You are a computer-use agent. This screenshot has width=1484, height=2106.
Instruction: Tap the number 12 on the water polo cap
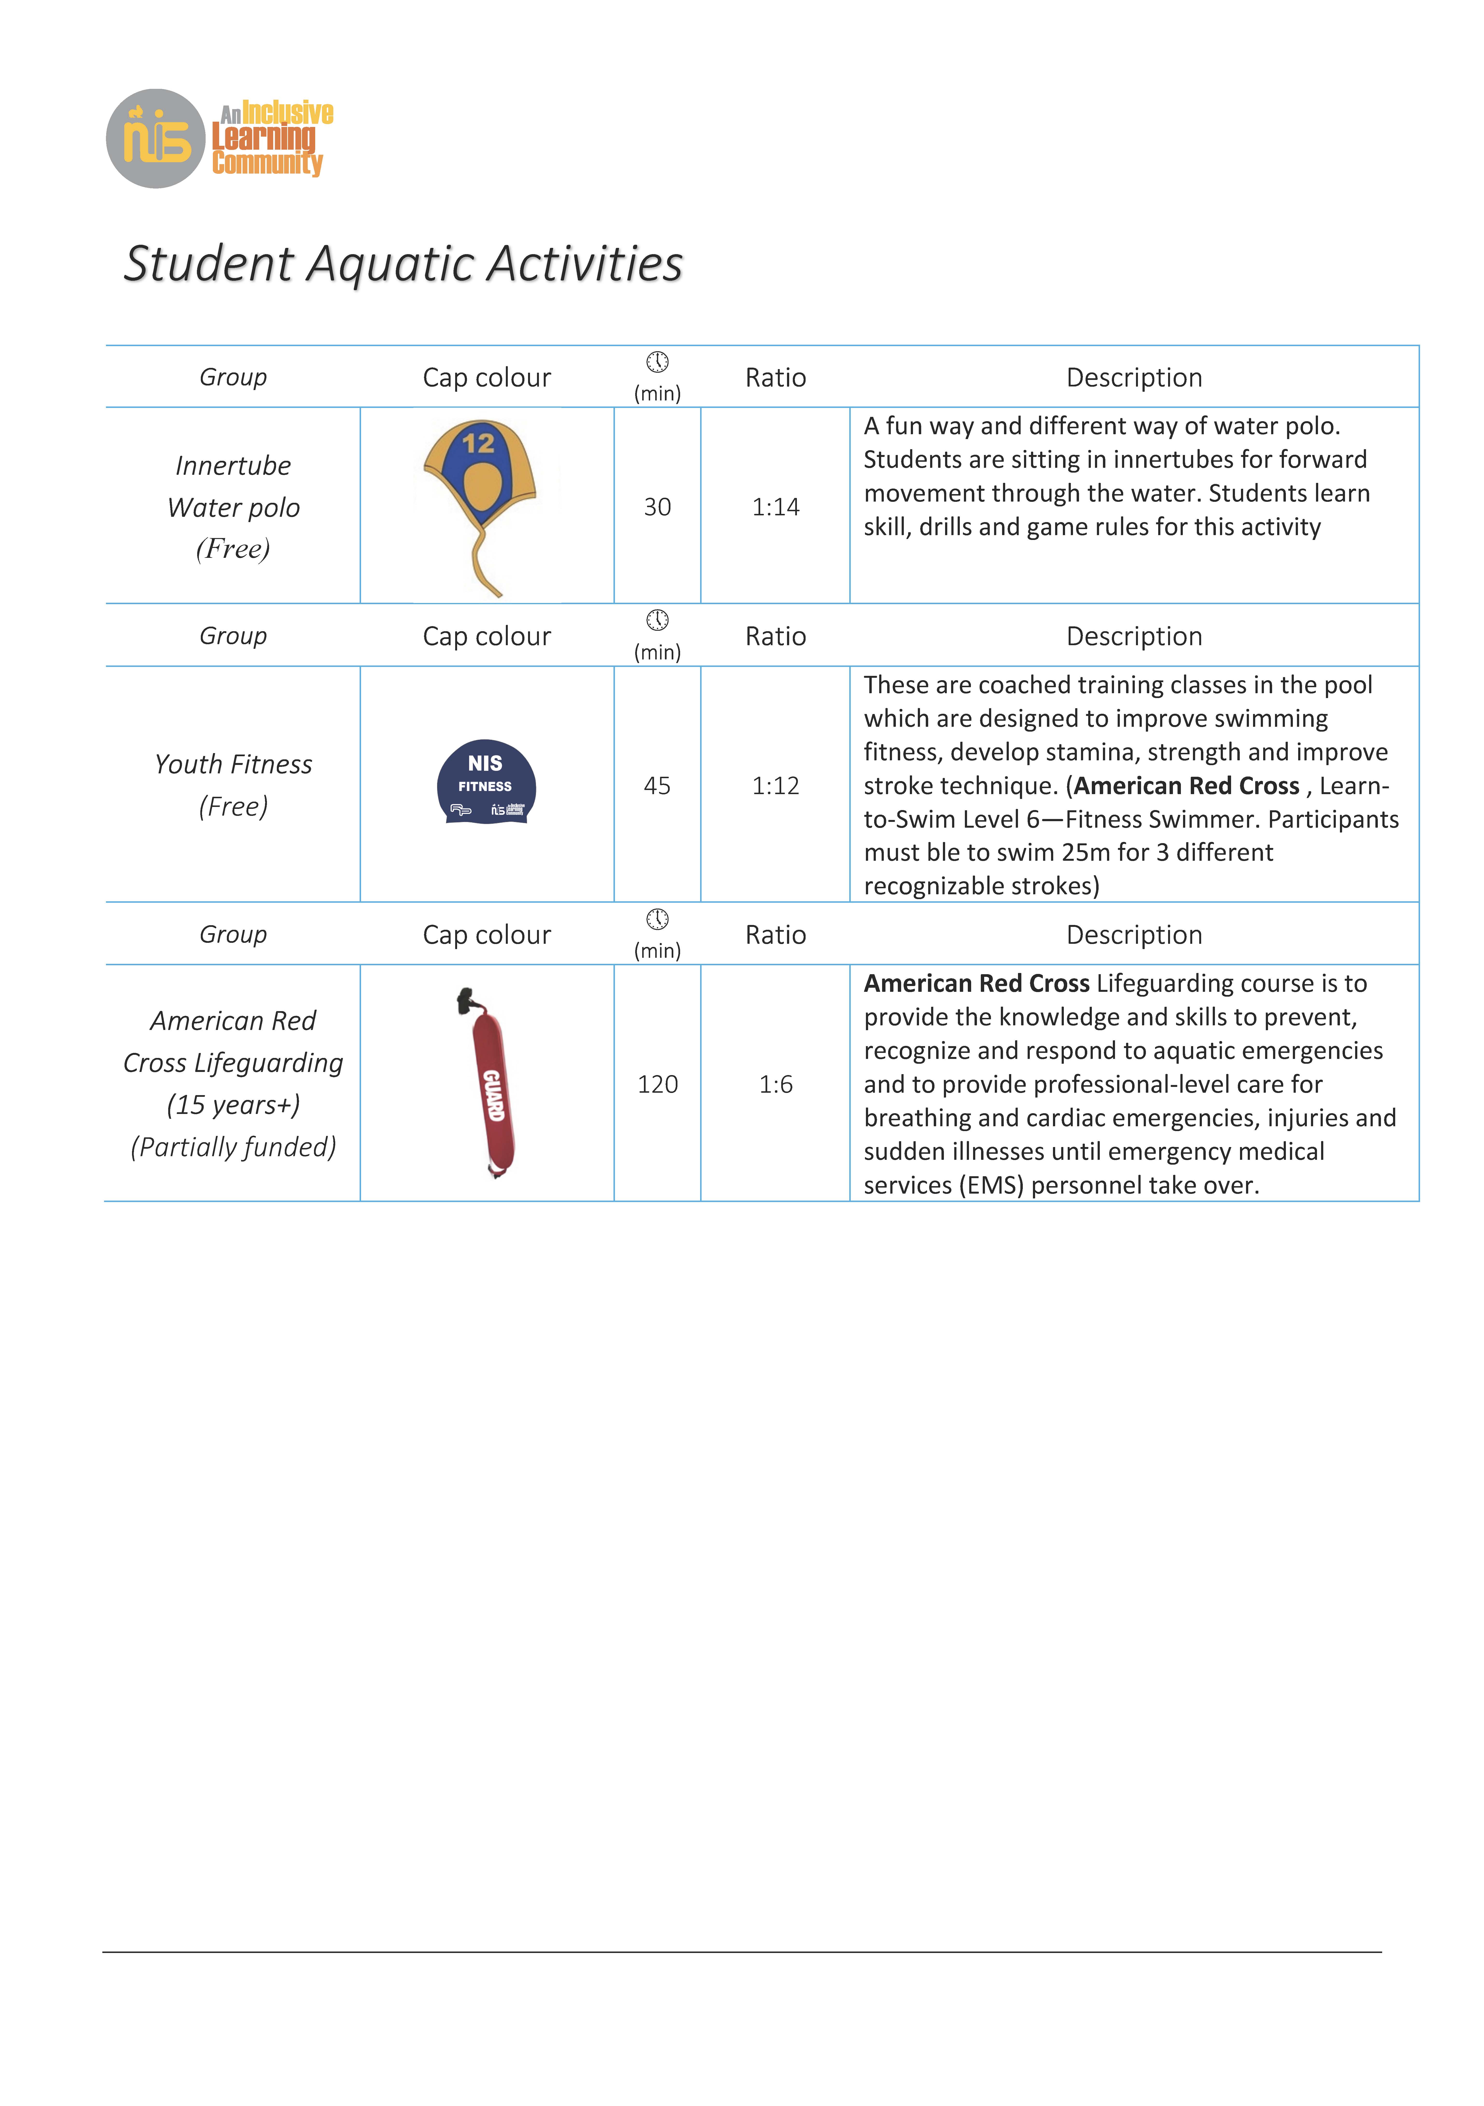coord(478,444)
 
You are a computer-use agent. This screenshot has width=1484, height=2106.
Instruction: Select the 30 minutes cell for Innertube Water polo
coord(657,507)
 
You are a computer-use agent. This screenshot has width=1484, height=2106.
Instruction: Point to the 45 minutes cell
coord(657,786)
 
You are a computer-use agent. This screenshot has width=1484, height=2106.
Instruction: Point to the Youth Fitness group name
coord(233,765)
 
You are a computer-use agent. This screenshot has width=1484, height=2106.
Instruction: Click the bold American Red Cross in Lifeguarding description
coord(976,984)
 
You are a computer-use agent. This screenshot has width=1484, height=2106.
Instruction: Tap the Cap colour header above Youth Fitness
coord(486,637)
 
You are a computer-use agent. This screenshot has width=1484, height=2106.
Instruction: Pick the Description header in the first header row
coord(1134,378)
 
